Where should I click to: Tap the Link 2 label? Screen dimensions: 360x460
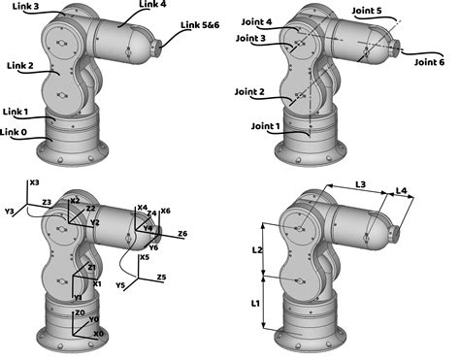point(20,66)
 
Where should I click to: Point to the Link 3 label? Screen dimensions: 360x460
point(22,7)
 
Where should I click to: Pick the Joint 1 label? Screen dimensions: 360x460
point(264,126)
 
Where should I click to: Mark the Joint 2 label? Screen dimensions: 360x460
point(247,92)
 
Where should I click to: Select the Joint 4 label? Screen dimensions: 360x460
point(254,22)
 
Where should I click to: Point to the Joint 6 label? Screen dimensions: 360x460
point(430,62)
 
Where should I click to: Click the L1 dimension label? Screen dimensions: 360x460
point(255,304)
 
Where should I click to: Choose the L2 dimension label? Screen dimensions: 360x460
point(257,249)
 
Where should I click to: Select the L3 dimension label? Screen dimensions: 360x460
point(359,183)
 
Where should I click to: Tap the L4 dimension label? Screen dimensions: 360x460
point(402,192)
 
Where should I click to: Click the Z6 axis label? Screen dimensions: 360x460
point(182,234)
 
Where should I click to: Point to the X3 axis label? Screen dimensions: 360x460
point(34,182)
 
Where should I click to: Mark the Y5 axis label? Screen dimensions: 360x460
point(120,287)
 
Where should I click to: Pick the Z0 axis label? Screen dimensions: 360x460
point(80,312)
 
